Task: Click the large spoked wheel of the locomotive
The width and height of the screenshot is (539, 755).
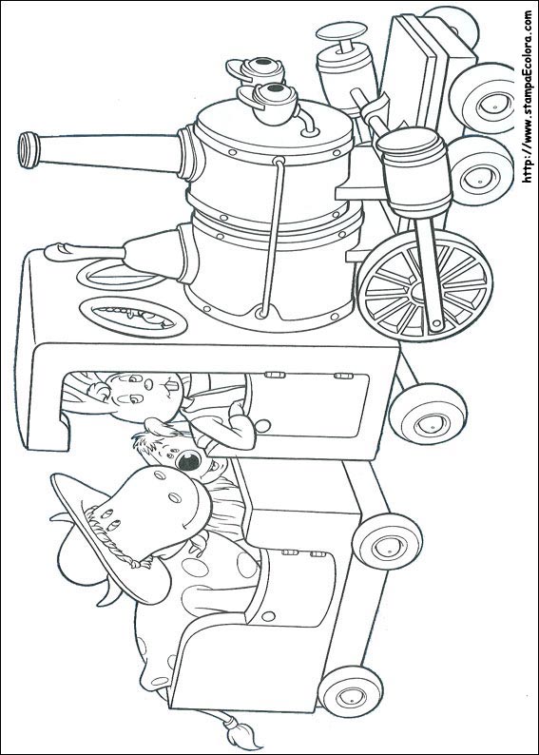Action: [x=425, y=285]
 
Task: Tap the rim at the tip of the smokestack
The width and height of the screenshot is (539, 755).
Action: [x=29, y=149]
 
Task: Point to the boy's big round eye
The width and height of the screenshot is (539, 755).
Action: [x=188, y=461]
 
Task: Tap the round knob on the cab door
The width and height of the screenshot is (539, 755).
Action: [x=262, y=426]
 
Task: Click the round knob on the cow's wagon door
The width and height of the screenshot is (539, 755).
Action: [x=268, y=616]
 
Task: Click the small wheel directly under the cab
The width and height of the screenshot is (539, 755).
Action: [x=428, y=414]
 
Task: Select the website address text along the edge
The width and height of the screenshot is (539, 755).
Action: [x=528, y=96]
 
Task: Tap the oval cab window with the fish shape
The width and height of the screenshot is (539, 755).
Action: [x=133, y=317]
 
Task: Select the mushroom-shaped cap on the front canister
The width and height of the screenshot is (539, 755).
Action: [x=341, y=33]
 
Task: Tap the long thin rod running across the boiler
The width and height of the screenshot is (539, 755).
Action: [x=271, y=238]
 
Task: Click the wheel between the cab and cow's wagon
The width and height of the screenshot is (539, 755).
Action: [x=388, y=542]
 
